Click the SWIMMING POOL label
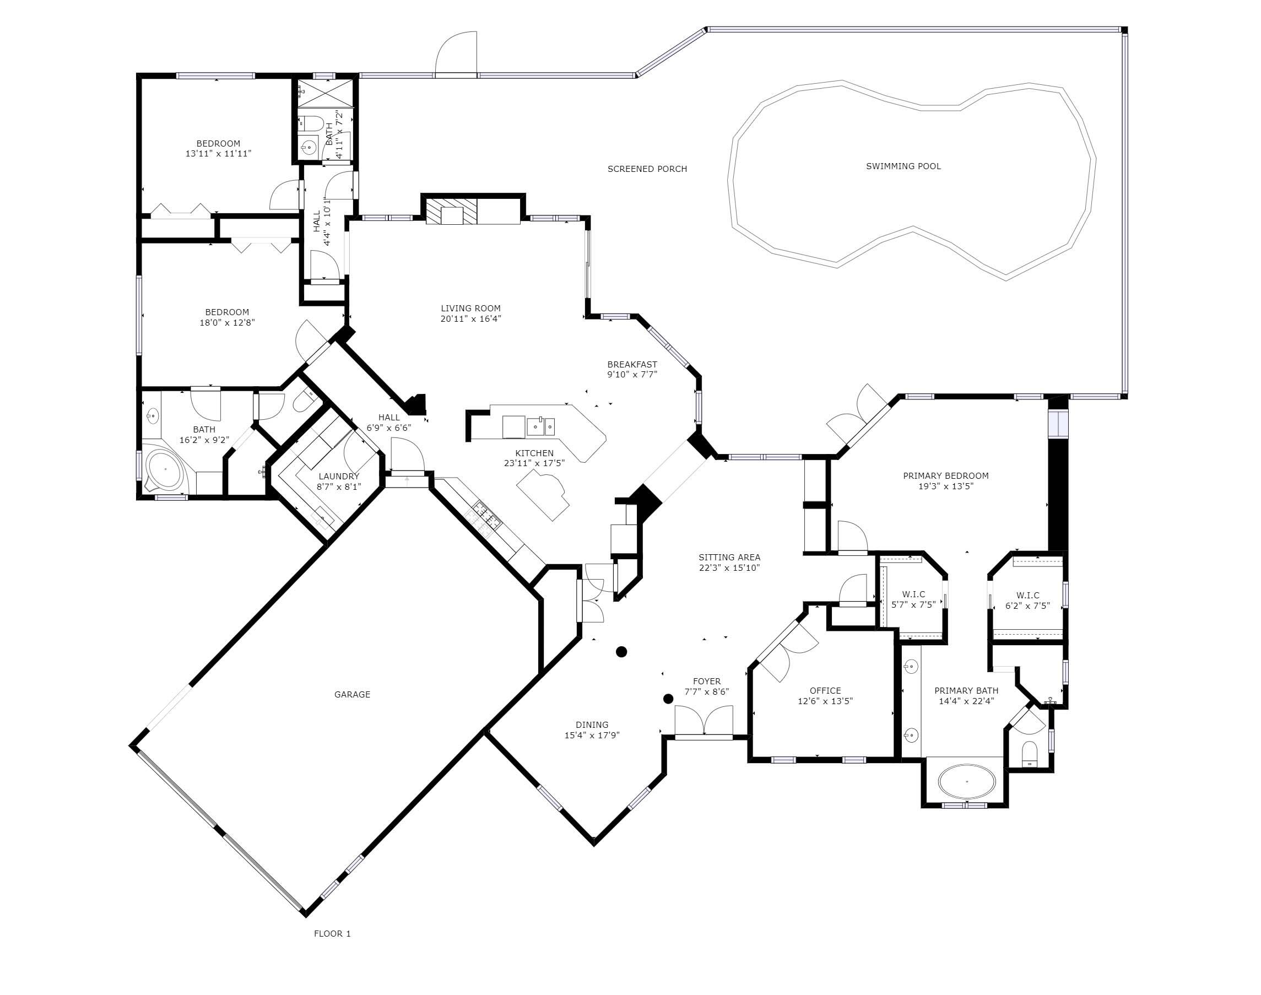pos(903,166)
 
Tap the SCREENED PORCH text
pos(647,169)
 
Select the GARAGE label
pos(352,694)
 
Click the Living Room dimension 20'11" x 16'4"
pos(470,318)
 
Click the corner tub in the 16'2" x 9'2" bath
pos(165,468)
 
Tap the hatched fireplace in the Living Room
pos(451,211)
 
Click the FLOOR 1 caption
pos(332,933)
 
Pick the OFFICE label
pos(825,690)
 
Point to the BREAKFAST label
pos(632,364)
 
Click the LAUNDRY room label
pos(338,476)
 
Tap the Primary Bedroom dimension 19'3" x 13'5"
pos(945,486)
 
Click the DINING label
pos(592,724)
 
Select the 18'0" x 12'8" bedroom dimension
pos(227,322)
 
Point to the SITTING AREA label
pos(729,557)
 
